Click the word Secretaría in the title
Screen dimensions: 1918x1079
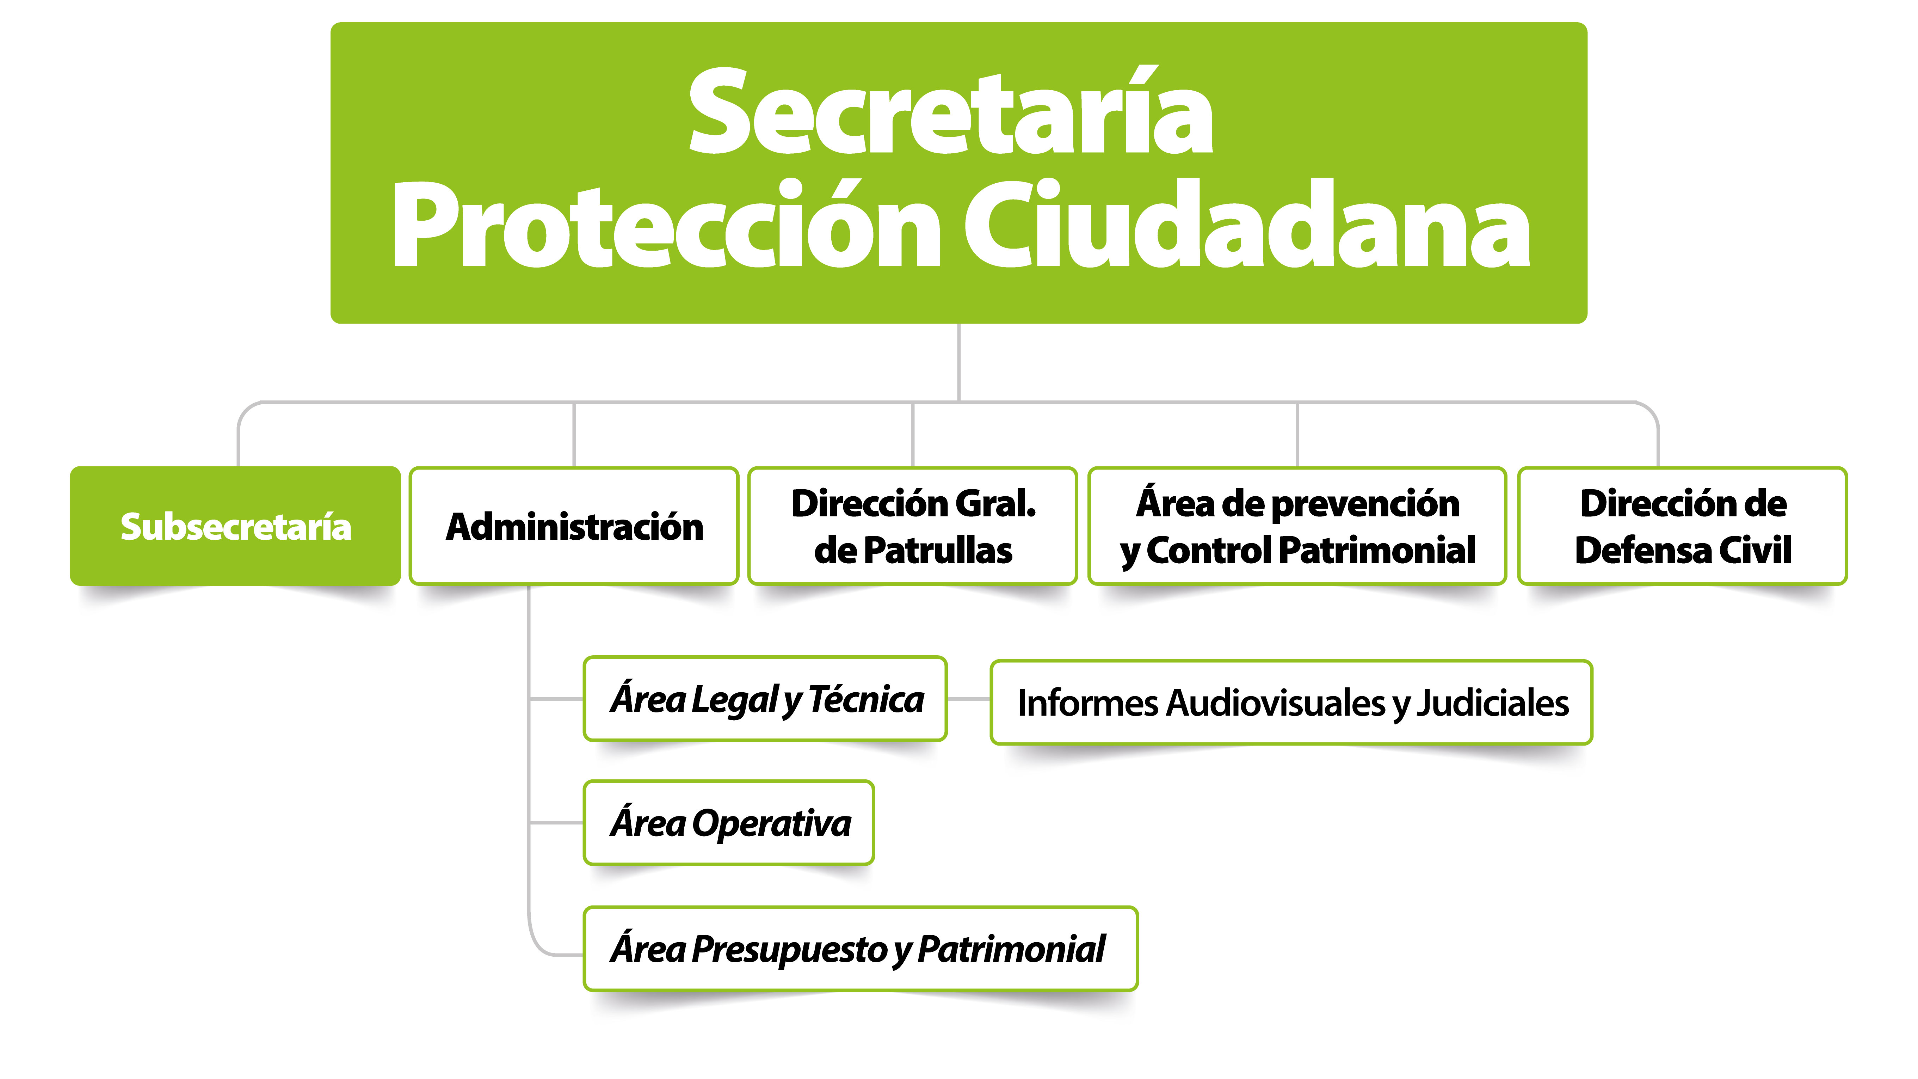point(951,112)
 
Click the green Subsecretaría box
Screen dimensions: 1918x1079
point(235,526)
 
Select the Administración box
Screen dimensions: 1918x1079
point(574,526)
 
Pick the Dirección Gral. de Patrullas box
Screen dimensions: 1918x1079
point(913,526)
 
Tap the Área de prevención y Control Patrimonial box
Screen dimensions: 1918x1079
point(1297,526)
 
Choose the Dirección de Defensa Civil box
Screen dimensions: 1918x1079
point(1683,526)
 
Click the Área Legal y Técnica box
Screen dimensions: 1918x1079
point(765,699)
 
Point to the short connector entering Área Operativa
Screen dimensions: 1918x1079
point(556,823)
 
